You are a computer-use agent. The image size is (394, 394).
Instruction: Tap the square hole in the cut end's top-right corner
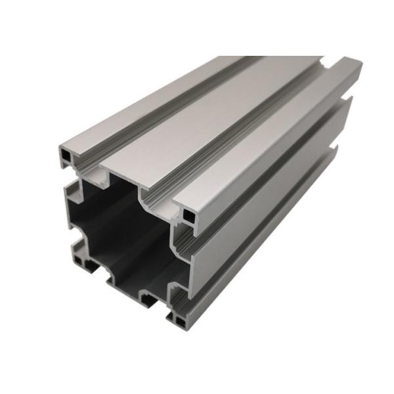[x=188, y=215]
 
